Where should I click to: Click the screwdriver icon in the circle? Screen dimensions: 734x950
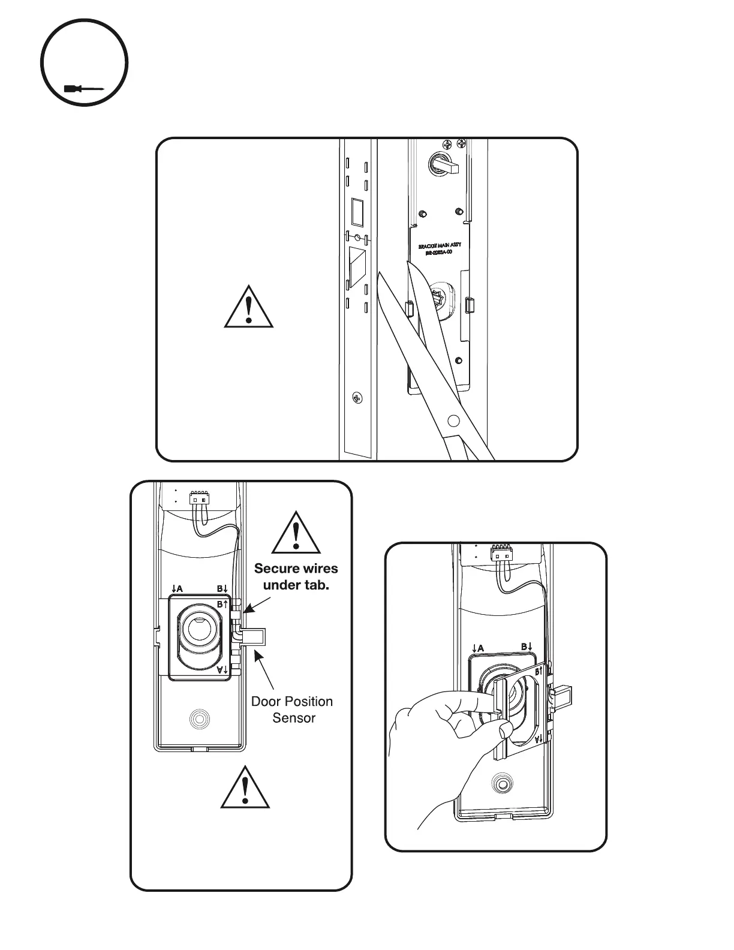[x=84, y=89]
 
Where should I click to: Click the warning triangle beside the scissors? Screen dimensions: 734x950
[x=249, y=308]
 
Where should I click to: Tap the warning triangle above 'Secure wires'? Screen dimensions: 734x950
[x=296, y=533]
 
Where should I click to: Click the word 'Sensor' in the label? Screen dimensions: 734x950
[x=294, y=717]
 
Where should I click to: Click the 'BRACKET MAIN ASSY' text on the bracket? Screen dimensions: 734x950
[x=440, y=246]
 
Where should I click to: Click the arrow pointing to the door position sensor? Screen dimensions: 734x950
[x=264, y=670]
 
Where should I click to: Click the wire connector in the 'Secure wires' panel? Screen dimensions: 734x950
[x=199, y=498]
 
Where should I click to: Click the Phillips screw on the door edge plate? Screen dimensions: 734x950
[x=357, y=398]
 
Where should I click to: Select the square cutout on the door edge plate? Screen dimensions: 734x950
[x=358, y=212]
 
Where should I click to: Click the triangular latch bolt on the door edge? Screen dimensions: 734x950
[x=359, y=264]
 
